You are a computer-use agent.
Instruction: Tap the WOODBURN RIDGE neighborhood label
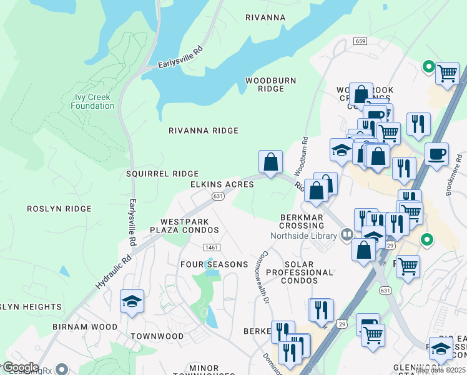click(270, 85)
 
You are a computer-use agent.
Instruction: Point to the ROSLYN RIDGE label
click(59, 208)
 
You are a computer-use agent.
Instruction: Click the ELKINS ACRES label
click(222, 184)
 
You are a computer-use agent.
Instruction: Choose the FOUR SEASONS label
click(214, 264)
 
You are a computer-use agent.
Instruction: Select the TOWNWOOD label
click(157, 336)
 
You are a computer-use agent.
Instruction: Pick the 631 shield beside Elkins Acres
click(217, 196)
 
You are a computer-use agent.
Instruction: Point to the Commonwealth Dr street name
click(262, 278)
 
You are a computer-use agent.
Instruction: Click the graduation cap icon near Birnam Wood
click(132, 301)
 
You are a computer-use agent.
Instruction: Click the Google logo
click(21, 367)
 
